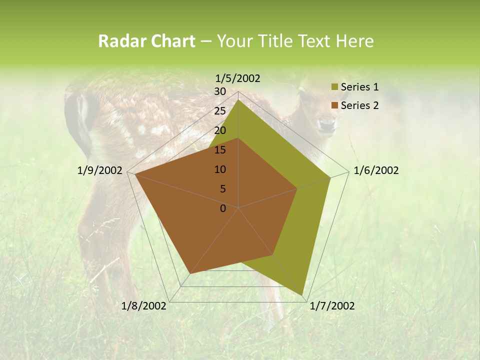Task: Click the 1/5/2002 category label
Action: (238, 78)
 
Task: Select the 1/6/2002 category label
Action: (376, 170)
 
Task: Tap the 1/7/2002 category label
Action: (332, 306)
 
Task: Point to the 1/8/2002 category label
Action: (144, 306)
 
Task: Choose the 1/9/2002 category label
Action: (100, 170)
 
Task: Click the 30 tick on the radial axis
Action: (220, 91)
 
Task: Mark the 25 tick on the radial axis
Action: (220, 111)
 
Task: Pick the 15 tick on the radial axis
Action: (220, 150)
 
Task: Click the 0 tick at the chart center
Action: (223, 208)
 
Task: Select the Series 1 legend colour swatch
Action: (334, 87)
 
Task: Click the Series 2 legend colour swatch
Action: (334, 105)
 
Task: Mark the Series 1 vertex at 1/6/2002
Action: (330, 177)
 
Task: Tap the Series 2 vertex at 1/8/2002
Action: (190, 273)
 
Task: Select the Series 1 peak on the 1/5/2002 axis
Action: (238, 99)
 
